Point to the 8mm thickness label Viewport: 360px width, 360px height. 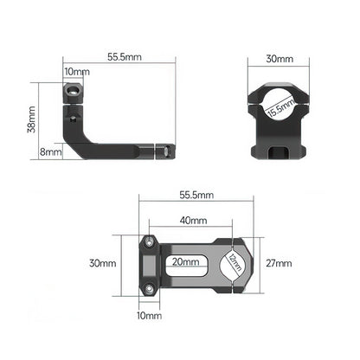[51, 151]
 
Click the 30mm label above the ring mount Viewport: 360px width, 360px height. [280, 60]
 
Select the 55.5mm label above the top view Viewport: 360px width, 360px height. [196, 196]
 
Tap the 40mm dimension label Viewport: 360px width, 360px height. [194, 221]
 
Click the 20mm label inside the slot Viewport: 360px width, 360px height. [183, 261]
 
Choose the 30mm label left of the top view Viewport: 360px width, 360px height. [105, 262]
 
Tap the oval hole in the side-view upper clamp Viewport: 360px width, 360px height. [74, 89]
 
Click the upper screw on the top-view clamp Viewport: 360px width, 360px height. [150, 243]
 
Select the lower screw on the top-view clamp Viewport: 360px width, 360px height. [150, 283]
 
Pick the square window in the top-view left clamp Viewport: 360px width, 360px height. [151, 263]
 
